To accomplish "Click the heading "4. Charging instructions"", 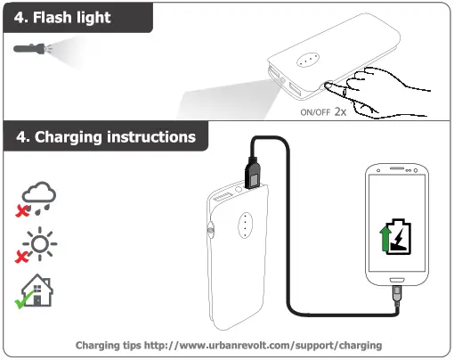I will pos(106,138).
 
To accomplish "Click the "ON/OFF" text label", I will pos(314,114).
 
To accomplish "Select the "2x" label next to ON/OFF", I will pos(340,113).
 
